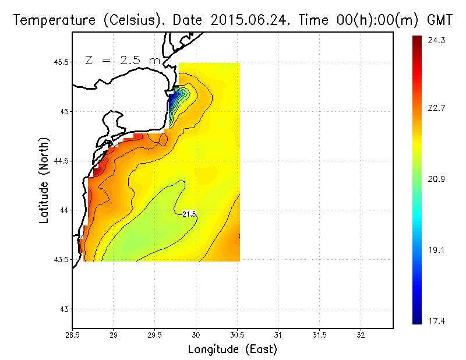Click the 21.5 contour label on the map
tap(189, 214)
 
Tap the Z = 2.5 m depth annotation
tap(122, 60)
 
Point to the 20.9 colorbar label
tap(437, 179)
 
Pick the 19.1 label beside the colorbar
tap(437, 250)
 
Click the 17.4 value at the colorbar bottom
tap(437, 319)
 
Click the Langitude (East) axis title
tap(232, 350)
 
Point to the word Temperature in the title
tap(47, 20)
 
